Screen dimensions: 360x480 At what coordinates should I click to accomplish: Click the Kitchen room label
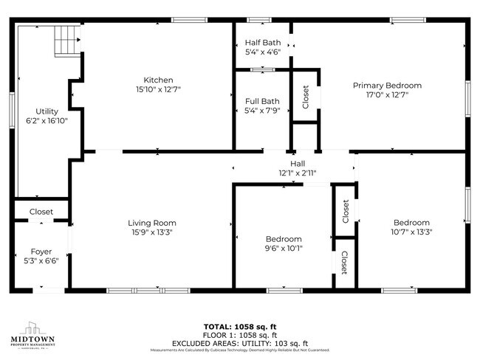(x=158, y=80)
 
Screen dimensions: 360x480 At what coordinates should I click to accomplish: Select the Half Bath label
(x=262, y=42)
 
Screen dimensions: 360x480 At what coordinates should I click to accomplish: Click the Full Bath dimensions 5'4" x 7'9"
(x=262, y=111)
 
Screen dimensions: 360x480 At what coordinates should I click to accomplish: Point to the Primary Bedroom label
(x=387, y=85)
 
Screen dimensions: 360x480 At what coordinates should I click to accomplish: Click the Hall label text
(x=298, y=163)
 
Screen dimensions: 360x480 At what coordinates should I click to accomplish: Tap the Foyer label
(x=41, y=251)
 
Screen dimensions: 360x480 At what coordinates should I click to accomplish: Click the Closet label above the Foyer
(x=41, y=212)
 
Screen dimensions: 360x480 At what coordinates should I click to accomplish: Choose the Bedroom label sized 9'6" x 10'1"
(x=284, y=239)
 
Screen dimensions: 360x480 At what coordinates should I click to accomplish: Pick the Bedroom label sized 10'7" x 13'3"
(x=411, y=223)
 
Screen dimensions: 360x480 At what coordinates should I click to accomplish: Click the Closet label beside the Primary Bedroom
(x=306, y=96)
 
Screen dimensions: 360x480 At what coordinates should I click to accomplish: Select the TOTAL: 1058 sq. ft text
(x=240, y=325)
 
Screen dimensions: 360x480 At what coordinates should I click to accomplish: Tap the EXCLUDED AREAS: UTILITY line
(x=240, y=343)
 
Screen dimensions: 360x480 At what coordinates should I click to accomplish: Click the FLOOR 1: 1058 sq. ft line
(x=240, y=334)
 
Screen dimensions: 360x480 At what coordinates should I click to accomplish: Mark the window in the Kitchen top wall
(x=188, y=20)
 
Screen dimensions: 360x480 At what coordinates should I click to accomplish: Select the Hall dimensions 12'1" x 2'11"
(x=298, y=173)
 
